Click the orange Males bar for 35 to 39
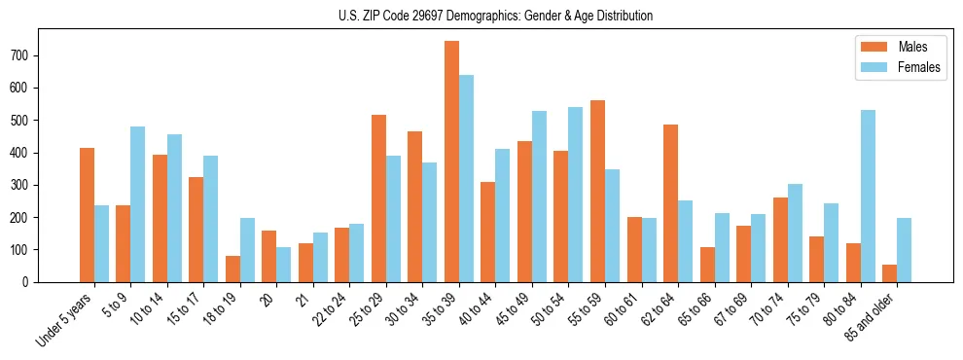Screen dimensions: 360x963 (451, 162)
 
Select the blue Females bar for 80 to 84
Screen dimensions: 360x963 (868, 196)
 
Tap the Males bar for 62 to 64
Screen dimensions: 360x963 (670, 203)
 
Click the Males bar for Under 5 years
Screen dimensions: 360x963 (87, 215)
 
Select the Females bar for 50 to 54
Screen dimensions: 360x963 (575, 195)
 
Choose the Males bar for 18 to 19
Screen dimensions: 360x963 (232, 269)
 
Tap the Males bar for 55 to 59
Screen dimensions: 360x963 (597, 191)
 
